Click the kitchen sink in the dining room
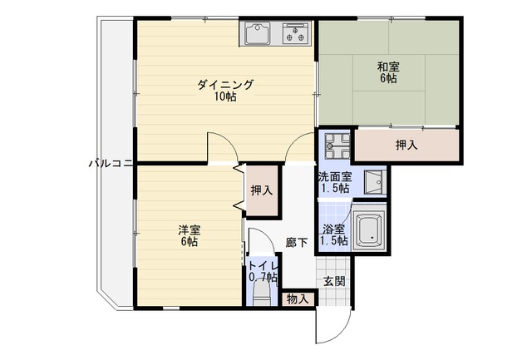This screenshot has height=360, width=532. coord(258,33)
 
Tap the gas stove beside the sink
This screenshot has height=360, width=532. coord(296,33)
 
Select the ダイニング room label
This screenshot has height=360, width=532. coord(225,85)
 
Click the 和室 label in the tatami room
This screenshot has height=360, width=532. coord(388,67)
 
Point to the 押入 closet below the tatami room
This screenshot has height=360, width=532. coord(406,145)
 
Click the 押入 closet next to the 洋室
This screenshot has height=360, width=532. coord(262,190)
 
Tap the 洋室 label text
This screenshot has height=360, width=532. coord(190,230)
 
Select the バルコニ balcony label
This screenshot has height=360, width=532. coord(111,164)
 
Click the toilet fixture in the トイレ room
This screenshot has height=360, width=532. coord(262,293)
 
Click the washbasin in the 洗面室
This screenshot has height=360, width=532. coord(375,182)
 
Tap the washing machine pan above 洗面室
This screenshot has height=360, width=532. coord(337,146)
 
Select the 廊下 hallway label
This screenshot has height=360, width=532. coord(297,243)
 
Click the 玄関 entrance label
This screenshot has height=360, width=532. coord(334,281)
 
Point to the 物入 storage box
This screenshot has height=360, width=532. coord(298,299)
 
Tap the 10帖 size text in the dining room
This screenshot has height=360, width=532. coord(225,97)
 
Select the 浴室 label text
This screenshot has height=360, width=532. coord(334,229)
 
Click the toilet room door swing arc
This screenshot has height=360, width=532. coord(268,238)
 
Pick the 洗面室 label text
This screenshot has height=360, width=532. coord(335,177)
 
